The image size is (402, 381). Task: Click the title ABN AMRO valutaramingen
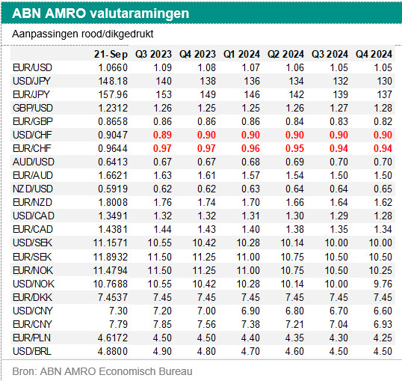(100, 13)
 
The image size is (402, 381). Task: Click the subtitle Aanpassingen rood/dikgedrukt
(82, 34)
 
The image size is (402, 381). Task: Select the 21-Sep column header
(111, 54)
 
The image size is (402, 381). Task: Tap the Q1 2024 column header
(241, 54)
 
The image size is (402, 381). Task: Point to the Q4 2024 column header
(374, 54)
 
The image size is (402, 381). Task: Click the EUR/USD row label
(32, 67)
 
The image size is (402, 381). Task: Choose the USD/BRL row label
(32, 351)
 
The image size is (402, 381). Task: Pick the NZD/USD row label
(33, 189)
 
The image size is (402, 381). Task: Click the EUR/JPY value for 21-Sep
(113, 94)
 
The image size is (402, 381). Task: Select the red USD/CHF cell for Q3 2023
(162, 135)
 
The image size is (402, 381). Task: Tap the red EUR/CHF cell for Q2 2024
(294, 148)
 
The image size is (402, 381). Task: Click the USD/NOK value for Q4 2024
(383, 284)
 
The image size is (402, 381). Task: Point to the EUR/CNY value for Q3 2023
(162, 324)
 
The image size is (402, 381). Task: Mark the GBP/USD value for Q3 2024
(338, 108)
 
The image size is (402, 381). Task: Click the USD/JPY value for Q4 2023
(208, 81)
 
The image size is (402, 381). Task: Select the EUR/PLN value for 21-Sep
(113, 338)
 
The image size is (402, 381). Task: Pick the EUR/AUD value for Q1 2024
(250, 175)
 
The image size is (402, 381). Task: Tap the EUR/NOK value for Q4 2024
(380, 270)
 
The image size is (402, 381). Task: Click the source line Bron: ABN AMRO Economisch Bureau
(102, 371)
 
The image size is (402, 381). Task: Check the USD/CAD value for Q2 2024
(294, 216)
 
